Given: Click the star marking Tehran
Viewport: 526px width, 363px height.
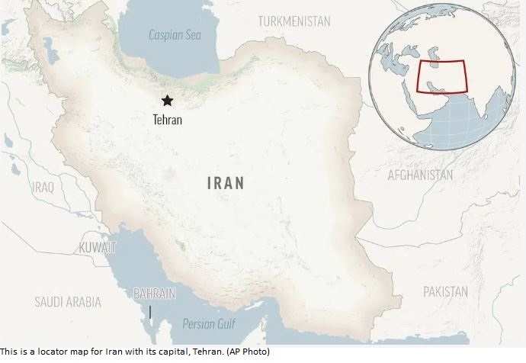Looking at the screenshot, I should (x=167, y=100).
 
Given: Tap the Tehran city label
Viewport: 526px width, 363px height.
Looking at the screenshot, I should (x=168, y=120).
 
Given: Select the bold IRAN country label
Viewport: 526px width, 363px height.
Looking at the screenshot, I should (x=226, y=183).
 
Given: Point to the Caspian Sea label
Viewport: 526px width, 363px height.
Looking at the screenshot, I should (x=173, y=34).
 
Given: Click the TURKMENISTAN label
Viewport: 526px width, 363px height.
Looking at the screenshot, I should (x=293, y=21).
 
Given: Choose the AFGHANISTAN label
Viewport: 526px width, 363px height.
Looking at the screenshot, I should (x=419, y=175).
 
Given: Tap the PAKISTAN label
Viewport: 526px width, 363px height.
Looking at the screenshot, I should (x=445, y=291).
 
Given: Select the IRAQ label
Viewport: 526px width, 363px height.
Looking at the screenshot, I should (x=43, y=187).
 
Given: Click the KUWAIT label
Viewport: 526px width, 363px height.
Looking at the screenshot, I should (x=98, y=248).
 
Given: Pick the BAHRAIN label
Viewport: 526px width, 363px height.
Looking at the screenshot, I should (x=155, y=293).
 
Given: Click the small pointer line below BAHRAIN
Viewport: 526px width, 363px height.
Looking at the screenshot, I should (x=151, y=312).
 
